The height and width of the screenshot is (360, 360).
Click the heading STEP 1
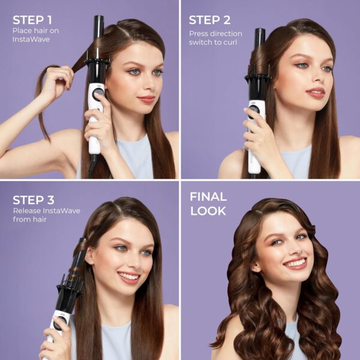click(x=32, y=19)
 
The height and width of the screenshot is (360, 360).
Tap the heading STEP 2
click(x=209, y=20)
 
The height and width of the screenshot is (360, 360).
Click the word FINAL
click(x=208, y=196)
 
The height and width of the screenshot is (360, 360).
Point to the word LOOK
click(x=208, y=211)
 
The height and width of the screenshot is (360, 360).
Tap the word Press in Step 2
click(x=199, y=34)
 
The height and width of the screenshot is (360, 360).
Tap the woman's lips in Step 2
click(x=315, y=92)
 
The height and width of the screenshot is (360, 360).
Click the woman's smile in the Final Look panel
click(x=295, y=263)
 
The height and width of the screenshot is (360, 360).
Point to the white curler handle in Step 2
click(x=254, y=135)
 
